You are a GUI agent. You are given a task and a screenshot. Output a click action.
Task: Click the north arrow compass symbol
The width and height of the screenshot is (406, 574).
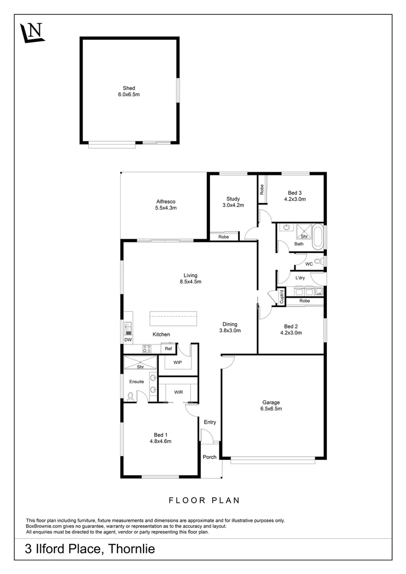[x=32, y=32]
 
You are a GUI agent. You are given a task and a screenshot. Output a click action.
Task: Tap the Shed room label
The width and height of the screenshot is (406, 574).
[x=129, y=88]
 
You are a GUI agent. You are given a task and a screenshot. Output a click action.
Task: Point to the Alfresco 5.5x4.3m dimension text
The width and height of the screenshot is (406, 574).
[x=166, y=208]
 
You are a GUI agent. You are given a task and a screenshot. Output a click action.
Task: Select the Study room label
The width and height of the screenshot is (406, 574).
[x=233, y=199]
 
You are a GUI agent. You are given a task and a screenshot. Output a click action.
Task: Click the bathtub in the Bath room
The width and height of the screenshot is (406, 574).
[x=317, y=237]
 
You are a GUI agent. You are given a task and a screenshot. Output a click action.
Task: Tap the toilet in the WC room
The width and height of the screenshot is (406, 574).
[x=320, y=261]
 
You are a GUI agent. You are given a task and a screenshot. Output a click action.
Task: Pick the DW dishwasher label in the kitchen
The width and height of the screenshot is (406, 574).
[x=128, y=340]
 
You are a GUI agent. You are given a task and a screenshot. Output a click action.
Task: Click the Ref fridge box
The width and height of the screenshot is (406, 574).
[x=168, y=349]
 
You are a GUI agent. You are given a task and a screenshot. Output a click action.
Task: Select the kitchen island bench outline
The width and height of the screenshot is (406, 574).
[x=173, y=318]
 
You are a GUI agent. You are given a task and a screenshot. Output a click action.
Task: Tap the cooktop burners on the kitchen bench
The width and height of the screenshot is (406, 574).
[x=147, y=349]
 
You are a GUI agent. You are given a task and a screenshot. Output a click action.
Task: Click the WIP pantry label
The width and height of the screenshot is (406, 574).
[x=177, y=363]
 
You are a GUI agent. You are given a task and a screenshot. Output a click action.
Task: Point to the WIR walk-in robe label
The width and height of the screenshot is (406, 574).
[x=178, y=392]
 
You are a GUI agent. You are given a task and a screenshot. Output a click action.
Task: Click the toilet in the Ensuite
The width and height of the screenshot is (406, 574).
[x=130, y=396]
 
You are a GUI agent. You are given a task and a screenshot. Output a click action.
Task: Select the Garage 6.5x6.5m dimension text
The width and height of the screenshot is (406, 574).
[x=271, y=409]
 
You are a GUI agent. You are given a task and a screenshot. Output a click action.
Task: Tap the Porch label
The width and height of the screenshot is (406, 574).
[x=210, y=457]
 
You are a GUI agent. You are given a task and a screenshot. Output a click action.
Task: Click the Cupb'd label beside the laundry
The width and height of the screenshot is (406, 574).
[x=282, y=297]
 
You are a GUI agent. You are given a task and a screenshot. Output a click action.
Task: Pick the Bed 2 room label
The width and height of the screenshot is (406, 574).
[x=291, y=326]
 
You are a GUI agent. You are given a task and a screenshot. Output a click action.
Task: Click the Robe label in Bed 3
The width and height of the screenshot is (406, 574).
[x=262, y=190]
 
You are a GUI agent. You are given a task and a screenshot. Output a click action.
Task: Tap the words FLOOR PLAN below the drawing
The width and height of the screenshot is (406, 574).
[x=204, y=501]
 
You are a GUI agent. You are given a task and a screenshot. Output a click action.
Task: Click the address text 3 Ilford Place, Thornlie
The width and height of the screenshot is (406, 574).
[x=90, y=549]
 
